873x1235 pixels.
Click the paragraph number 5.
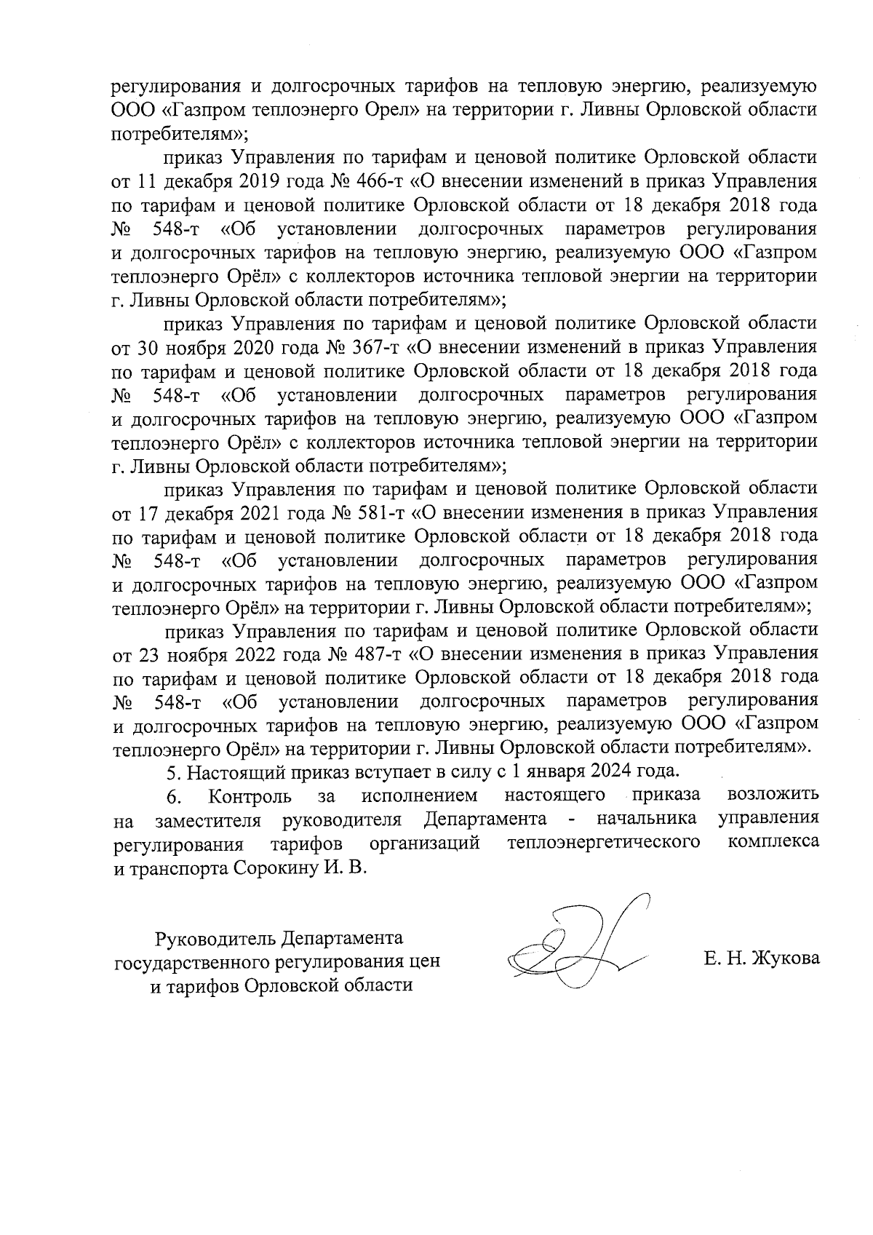(172, 770)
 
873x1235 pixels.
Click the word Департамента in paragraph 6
(485, 819)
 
